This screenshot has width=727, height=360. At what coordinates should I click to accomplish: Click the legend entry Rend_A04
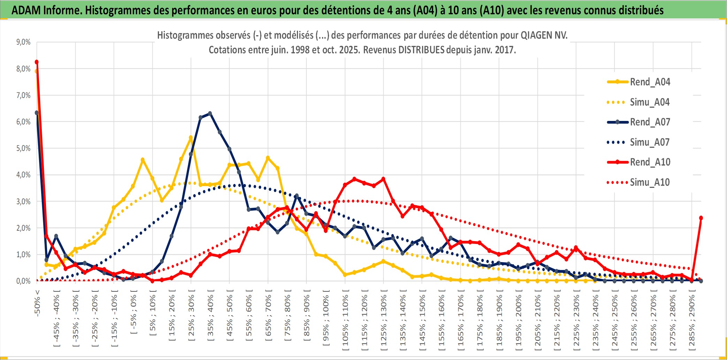click(650, 82)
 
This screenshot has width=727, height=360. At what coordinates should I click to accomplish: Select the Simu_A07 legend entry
click(650, 142)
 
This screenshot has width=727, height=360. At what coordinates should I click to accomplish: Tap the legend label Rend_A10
click(650, 162)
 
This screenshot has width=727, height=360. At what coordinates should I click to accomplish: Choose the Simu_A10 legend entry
click(650, 182)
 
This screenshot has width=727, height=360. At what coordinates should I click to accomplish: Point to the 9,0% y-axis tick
click(23, 42)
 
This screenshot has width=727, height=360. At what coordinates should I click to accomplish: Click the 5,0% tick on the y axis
click(23, 148)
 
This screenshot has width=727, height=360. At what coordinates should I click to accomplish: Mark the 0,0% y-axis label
click(23, 281)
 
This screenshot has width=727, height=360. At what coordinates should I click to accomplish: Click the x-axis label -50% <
click(37, 303)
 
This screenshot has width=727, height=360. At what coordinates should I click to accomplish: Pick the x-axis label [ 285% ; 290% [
click(692, 321)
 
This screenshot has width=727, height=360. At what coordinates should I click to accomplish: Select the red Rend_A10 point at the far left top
click(37, 62)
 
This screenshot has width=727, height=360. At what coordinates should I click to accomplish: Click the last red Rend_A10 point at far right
click(701, 218)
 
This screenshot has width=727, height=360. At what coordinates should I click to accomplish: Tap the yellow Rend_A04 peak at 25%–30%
click(191, 138)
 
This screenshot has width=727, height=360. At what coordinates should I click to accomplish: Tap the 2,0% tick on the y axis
click(23, 228)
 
